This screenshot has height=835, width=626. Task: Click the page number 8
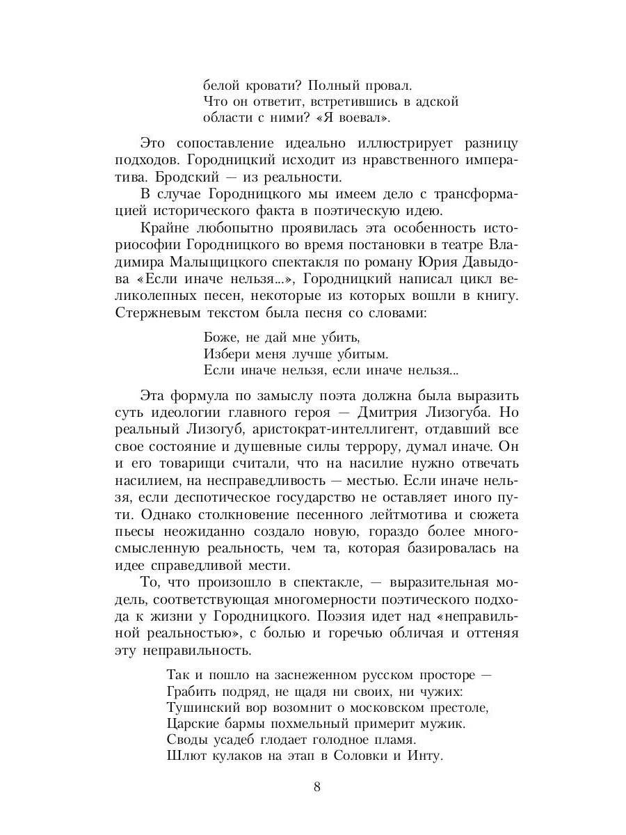click(x=316, y=788)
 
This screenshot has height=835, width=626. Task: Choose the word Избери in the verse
click(x=226, y=354)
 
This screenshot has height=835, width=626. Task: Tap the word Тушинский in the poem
click(x=201, y=707)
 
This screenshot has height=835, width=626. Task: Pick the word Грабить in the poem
click(x=192, y=691)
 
